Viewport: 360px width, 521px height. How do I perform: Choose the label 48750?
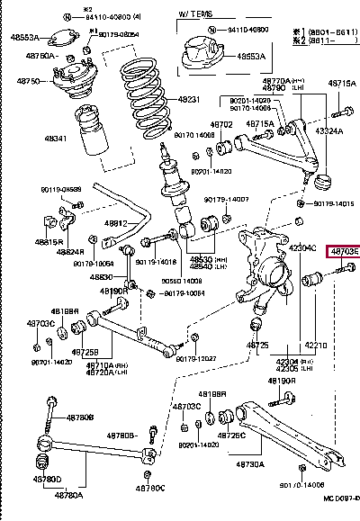tap(29, 80)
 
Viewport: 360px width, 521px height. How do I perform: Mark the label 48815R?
tap(49, 243)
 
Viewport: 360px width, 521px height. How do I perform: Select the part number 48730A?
tap(250, 464)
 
